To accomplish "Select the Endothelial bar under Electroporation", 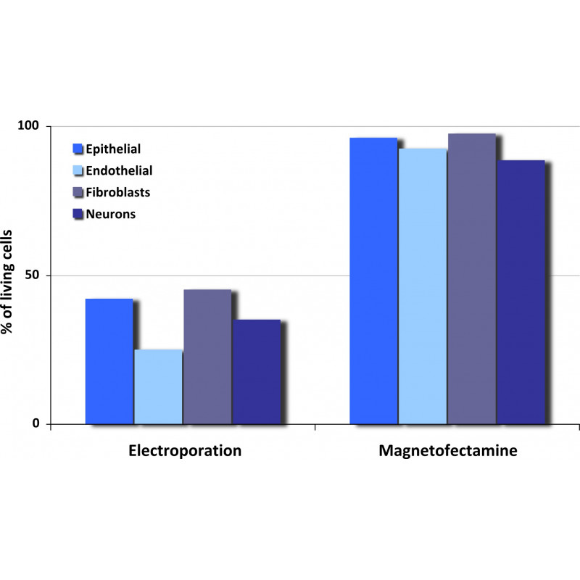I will (x=158, y=387).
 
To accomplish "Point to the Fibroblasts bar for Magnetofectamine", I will (x=471, y=278).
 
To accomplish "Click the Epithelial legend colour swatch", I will (x=78, y=149).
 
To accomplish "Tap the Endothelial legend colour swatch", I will (x=78, y=171).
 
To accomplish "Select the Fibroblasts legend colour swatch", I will (x=78, y=193).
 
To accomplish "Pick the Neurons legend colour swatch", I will (x=78, y=215).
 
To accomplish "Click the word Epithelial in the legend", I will (x=113, y=149).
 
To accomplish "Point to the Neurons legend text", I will (x=110, y=215).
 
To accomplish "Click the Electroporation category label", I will (x=185, y=450).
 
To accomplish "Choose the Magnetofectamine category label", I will (x=448, y=450).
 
